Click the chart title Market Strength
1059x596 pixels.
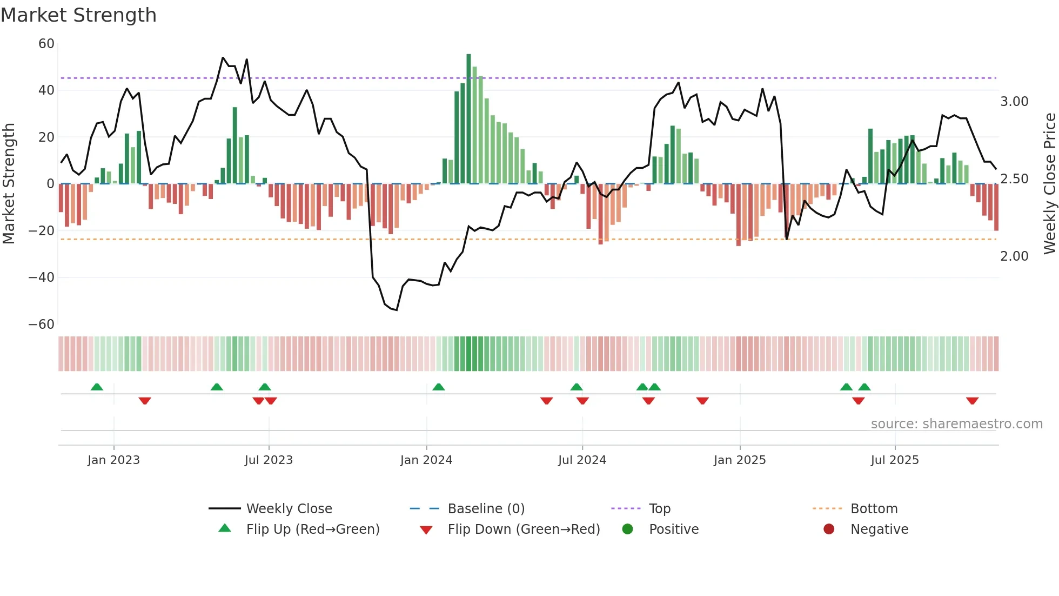pyautogui.click(x=78, y=15)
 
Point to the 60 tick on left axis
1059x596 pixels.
pyautogui.click(x=46, y=44)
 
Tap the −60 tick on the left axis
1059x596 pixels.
pyautogui.click(x=42, y=325)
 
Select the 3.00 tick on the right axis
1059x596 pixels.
pyautogui.click(x=1014, y=102)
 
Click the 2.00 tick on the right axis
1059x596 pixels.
pyautogui.click(x=1014, y=256)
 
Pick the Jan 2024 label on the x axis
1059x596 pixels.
pyautogui.click(x=426, y=460)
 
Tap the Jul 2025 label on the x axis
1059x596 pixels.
pyautogui.click(x=895, y=460)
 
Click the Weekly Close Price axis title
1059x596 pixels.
pyautogui.click(x=1049, y=184)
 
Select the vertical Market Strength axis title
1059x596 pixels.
pyautogui.click(x=9, y=184)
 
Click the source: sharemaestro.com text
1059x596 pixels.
pyautogui.click(x=956, y=424)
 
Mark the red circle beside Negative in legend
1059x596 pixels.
pyautogui.click(x=829, y=529)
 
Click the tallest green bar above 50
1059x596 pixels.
pyautogui.click(x=468, y=119)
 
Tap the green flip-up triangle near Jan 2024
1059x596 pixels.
pyautogui.click(x=439, y=387)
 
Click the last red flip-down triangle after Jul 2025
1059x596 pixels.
pyautogui.click(x=973, y=401)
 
